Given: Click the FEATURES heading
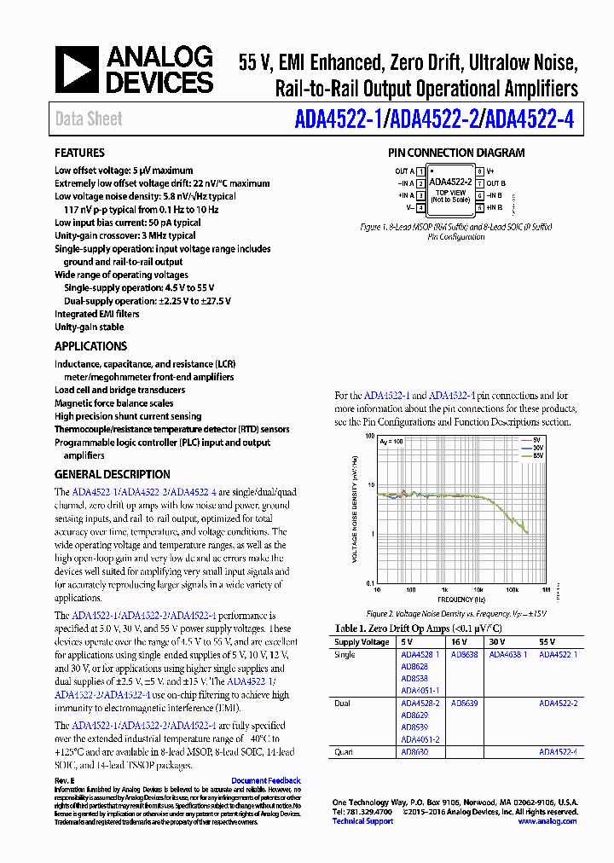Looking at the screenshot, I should pos(80,153).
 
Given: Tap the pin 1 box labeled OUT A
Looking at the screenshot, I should pos(420,171).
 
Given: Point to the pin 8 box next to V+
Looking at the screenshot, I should pos(480,171).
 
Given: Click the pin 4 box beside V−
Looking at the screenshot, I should pos(420,207).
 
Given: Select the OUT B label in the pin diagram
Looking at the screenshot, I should pos(496,183).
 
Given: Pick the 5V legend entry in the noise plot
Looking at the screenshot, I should pos(536,441).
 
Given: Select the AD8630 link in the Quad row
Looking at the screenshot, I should pos(414,752).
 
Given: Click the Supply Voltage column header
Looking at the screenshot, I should pos(362,641).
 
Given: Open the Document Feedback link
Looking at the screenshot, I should pos(265,781).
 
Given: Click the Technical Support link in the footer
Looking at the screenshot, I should pos(362,821).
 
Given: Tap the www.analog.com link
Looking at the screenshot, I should pos(547,821).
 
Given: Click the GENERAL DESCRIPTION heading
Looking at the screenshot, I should pos(112,475).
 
